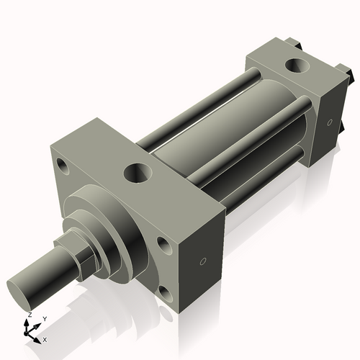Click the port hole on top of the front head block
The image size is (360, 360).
click(136, 173)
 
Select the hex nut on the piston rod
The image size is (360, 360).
click(78, 253)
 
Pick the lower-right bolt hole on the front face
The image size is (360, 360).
click(166, 292)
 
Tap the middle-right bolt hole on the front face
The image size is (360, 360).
click(164, 246)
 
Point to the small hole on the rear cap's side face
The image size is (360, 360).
click(329, 122)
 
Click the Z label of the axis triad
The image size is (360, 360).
click(29, 315)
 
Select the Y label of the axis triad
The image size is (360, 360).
click(44, 318)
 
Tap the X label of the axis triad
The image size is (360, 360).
click(45, 338)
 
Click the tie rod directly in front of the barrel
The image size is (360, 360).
click(245, 144)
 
